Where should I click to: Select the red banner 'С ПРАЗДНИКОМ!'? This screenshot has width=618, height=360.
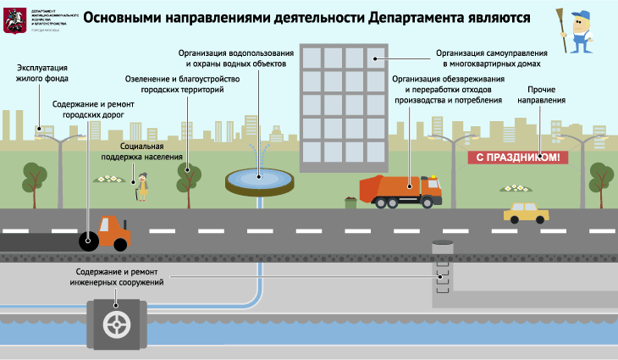point(517,157)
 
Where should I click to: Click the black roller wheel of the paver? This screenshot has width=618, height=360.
point(89,241)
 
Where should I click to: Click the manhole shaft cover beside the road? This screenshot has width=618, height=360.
point(442,245)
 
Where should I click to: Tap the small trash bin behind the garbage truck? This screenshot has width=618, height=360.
point(350,202)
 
